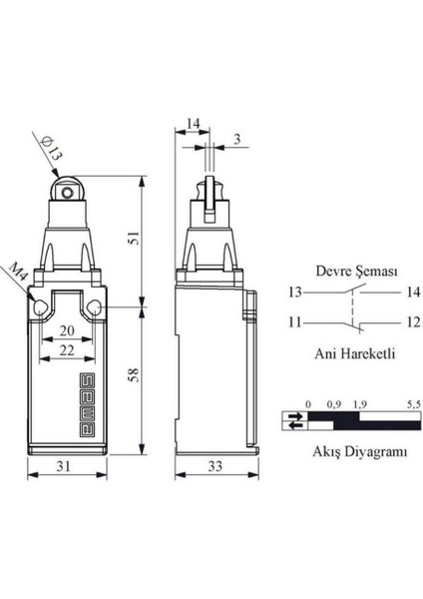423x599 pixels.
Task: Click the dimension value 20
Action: (65, 330)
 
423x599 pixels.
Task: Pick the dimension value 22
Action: (65, 349)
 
